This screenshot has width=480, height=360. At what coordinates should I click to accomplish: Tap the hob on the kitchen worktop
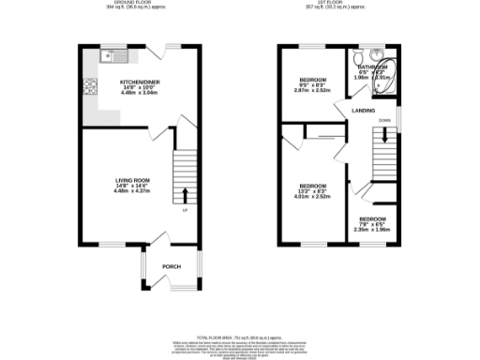coord(92,90)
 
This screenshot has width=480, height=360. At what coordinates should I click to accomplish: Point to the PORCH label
coord(171,266)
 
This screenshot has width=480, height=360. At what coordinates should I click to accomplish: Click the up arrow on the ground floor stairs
coord(184,195)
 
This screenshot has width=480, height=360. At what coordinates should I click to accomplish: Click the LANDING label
coord(364,111)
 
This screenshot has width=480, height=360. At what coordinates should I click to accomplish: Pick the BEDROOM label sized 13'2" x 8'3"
coord(311,186)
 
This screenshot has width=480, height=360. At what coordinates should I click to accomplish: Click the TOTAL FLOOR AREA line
coord(239,336)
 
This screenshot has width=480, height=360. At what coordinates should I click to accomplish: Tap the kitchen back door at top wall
coord(174,50)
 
